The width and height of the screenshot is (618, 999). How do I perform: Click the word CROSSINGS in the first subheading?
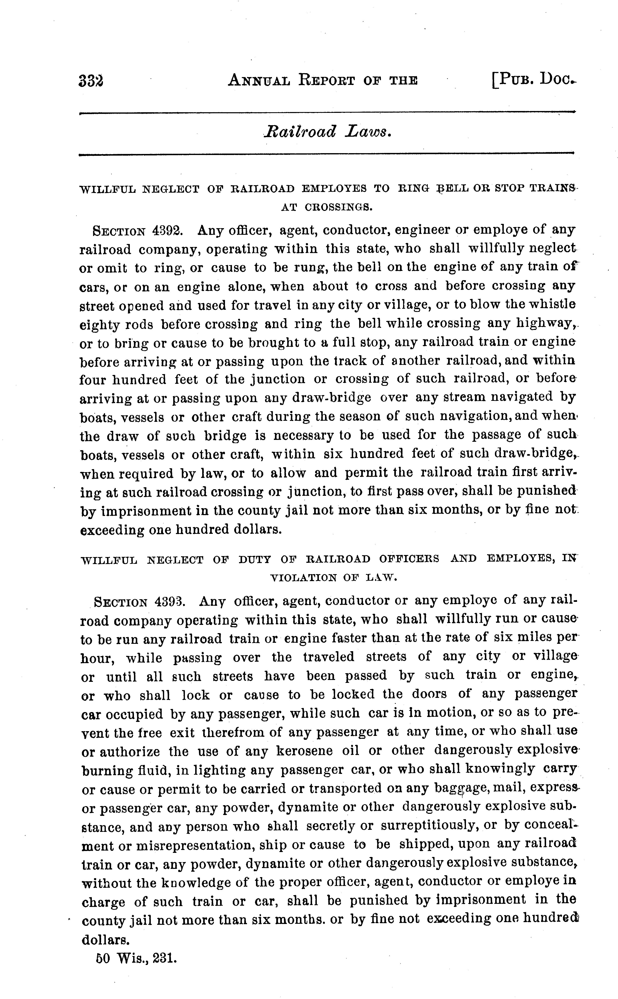tap(338, 207)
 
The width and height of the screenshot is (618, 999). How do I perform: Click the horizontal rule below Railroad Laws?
tap(327, 154)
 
